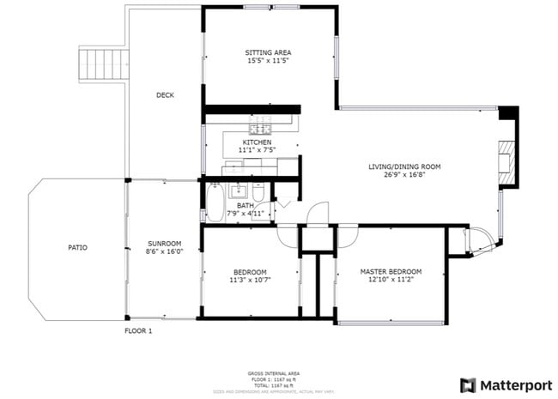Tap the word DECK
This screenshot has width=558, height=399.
click(165, 95)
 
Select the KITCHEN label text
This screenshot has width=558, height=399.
click(257, 142)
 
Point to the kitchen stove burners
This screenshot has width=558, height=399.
click(260, 127)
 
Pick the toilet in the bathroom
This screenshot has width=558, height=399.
click(259, 209)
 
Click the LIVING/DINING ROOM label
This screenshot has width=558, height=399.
click(404, 166)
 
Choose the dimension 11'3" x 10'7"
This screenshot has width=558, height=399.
click(250, 280)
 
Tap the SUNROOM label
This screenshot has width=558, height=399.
click(162, 242)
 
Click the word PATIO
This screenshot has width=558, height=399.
click(77, 248)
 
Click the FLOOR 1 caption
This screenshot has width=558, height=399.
click(138, 330)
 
